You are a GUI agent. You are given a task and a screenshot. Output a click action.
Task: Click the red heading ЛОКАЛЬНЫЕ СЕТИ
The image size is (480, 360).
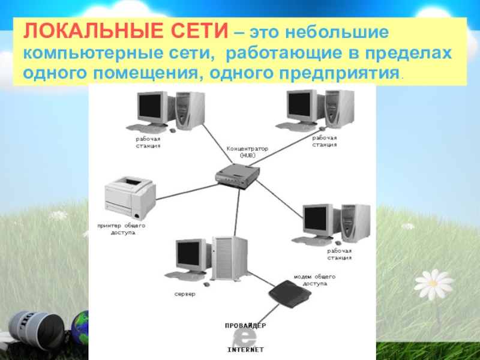[x=125, y=31]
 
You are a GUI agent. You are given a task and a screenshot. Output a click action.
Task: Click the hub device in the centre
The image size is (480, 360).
[x=237, y=176]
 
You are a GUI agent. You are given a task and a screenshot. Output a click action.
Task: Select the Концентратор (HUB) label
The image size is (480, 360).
[x=247, y=152]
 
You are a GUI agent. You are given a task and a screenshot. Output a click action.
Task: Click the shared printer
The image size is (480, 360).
[x=130, y=197]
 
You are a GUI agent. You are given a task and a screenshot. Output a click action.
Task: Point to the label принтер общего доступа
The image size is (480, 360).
[x=122, y=229]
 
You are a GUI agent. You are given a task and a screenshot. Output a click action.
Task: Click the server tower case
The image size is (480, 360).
[x=229, y=258]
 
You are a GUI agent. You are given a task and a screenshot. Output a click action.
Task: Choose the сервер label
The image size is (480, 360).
[x=185, y=294]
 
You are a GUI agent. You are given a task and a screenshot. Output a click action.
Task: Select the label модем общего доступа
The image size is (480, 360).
[x=314, y=280]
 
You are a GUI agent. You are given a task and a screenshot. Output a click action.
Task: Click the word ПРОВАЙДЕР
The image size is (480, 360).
[x=245, y=326]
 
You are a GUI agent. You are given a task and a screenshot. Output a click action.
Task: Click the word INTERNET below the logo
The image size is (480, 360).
[x=245, y=350]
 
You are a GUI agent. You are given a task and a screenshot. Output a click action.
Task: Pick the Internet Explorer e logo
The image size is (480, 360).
[x=245, y=338]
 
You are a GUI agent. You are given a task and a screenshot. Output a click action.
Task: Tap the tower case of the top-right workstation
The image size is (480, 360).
[x=340, y=109]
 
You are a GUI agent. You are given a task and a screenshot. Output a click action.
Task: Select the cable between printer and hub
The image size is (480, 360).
[x=187, y=191]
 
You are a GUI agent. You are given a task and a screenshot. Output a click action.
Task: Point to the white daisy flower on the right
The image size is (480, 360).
[x=433, y=284]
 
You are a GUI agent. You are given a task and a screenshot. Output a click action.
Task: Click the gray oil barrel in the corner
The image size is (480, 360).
[x=37, y=326]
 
